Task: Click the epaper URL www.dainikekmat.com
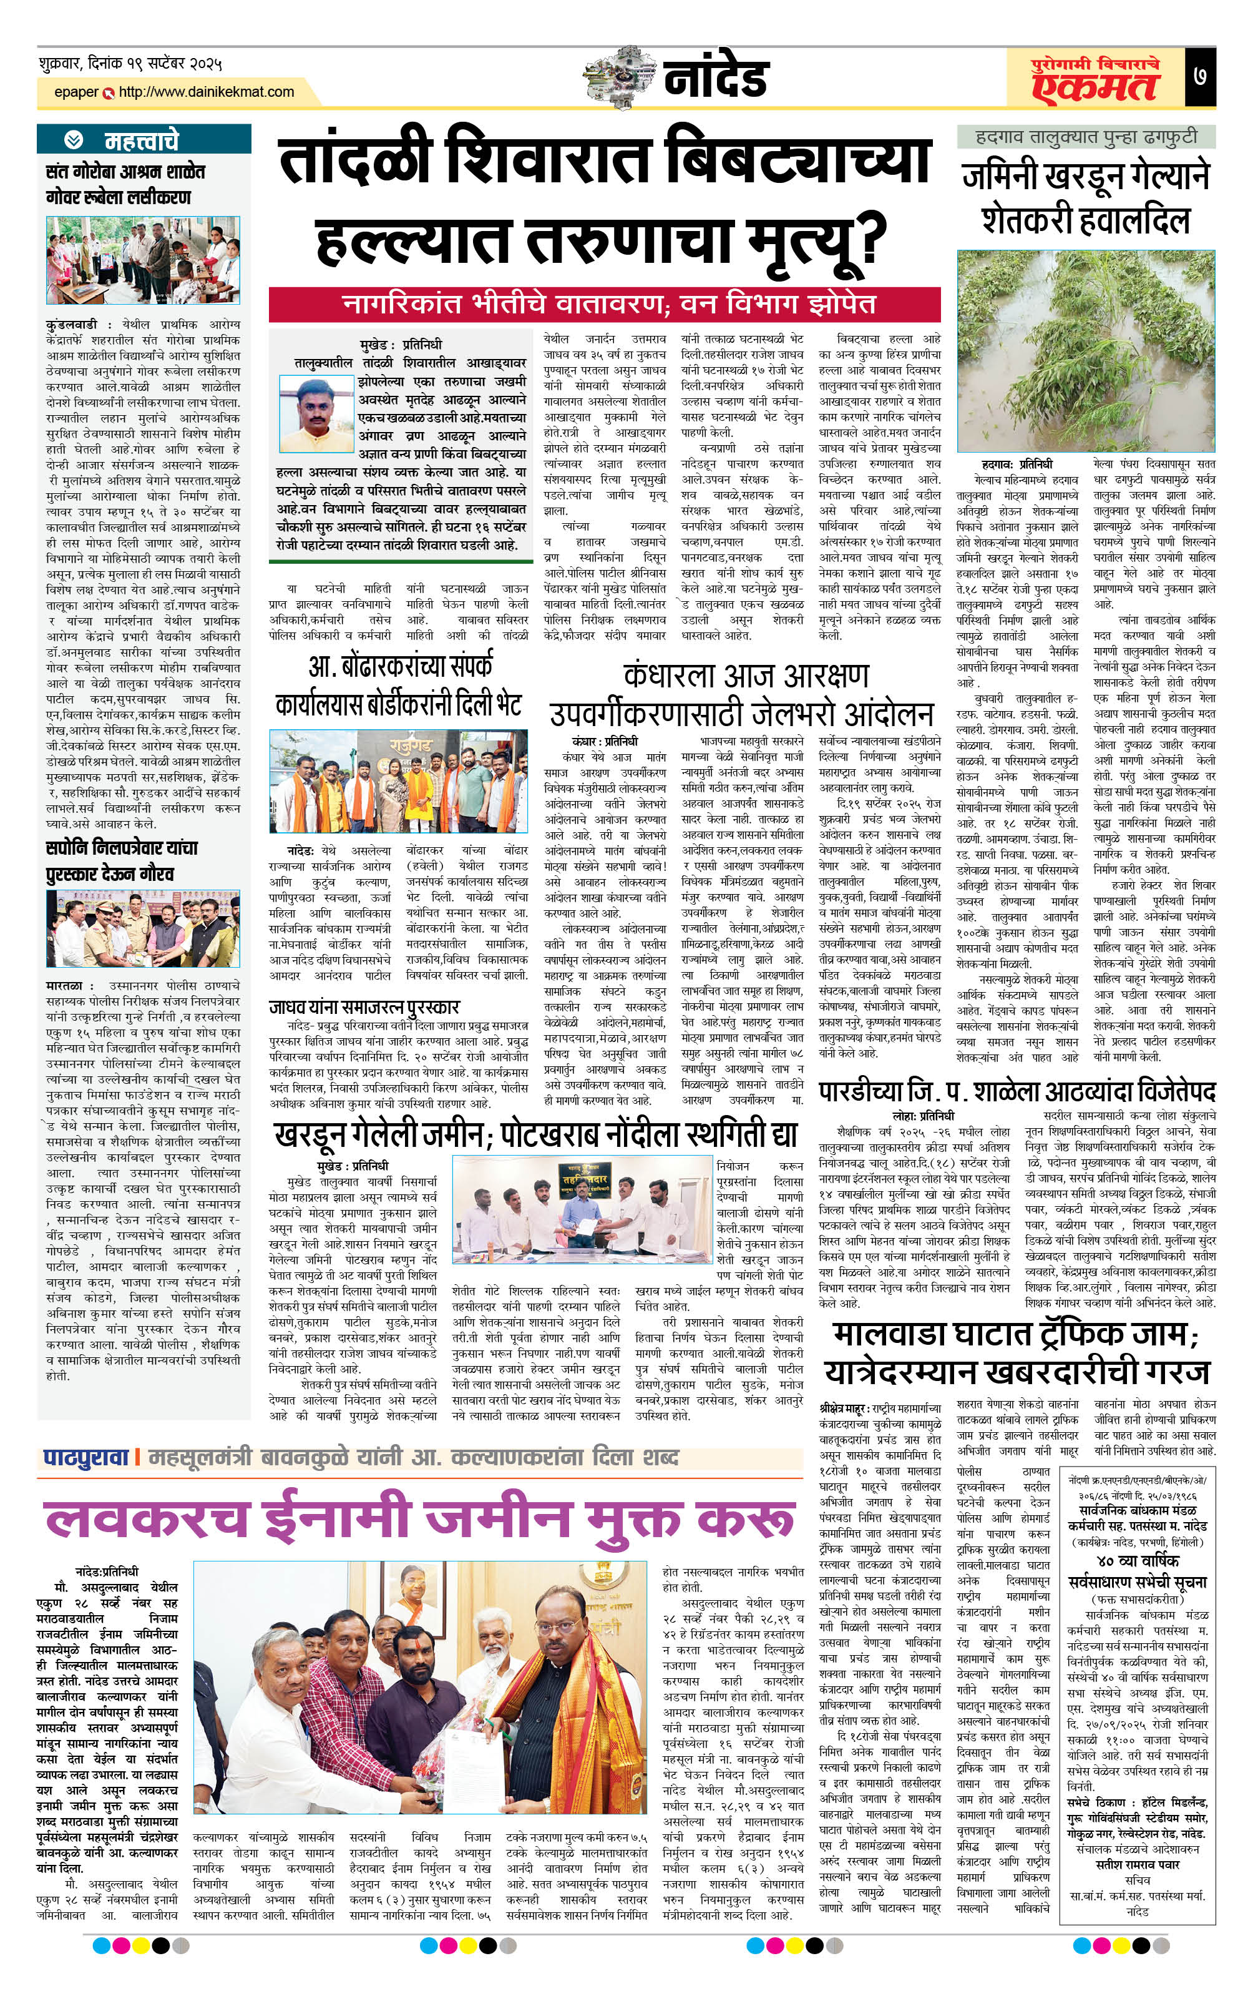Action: pyautogui.click(x=206, y=92)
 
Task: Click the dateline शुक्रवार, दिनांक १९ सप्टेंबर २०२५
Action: pyautogui.click(x=130, y=64)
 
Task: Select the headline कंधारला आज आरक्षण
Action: pyautogui.click(x=746, y=676)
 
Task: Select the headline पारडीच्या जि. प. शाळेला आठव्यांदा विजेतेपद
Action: pyautogui.click(x=1017, y=1091)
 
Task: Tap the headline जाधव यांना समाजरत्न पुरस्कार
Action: pyautogui.click(x=364, y=1006)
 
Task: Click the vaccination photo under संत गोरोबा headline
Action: pyautogui.click(x=143, y=260)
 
